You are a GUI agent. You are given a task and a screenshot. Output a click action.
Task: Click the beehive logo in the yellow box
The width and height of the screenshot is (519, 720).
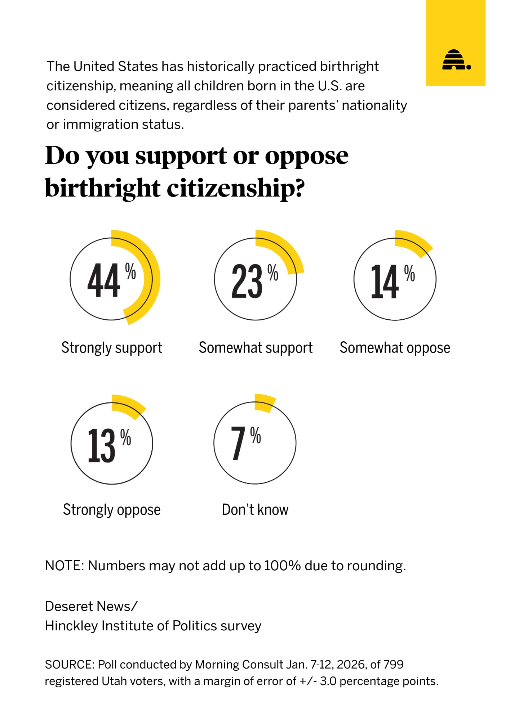[x=456, y=60]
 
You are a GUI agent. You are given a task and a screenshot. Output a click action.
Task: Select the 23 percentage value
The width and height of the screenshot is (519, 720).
[x=247, y=281]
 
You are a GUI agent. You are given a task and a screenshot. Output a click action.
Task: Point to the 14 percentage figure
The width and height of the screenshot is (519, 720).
[x=385, y=281]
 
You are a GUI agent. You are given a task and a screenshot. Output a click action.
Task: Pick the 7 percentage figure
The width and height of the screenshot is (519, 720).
[x=238, y=443]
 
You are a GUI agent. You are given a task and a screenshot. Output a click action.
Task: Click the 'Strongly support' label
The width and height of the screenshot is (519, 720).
[x=112, y=348]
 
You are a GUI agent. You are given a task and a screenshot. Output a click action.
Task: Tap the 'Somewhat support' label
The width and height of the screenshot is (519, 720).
[x=256, y=348]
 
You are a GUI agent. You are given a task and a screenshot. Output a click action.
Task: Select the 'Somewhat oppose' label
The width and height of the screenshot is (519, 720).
[x=395, y=348]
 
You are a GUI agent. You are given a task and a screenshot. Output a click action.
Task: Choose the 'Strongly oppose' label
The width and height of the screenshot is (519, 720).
[x=112, y=510]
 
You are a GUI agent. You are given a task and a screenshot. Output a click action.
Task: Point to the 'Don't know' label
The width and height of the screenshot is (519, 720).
[x=255, y=510]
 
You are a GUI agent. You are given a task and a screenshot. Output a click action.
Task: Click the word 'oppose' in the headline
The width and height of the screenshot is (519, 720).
[x=307, y=157]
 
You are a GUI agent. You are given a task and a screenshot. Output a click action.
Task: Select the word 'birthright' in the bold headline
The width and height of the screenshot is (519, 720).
[x=102, y=188]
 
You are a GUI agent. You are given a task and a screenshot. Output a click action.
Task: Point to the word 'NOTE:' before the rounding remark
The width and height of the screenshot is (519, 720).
[x=65, y=566]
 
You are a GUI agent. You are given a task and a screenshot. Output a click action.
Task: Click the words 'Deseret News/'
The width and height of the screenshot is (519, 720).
[x=91, y=606]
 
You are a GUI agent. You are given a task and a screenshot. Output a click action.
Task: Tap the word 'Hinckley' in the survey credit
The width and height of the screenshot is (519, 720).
[x=71, y=626]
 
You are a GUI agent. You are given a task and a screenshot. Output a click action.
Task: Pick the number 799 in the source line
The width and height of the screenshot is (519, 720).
[x=393, y=664]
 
